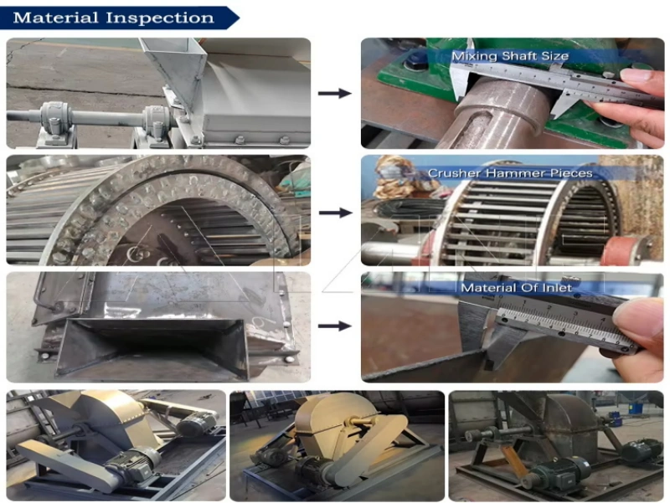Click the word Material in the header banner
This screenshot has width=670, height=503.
(x=55, y=18)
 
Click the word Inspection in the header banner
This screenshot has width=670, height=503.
(x=160, y=18)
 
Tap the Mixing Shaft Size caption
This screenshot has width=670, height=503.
(x=510, y=56)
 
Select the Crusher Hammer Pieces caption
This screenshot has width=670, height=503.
(x=510, y=173)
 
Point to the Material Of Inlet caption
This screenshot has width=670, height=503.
(x=516, y=288)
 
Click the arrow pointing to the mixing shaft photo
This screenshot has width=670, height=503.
(x=334, y=93)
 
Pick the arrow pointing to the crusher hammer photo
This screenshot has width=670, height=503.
(x=336, y=213)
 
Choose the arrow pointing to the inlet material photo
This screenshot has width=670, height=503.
(x=334, y=326)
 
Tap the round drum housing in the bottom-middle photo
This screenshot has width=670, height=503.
(x=329, y=421)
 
